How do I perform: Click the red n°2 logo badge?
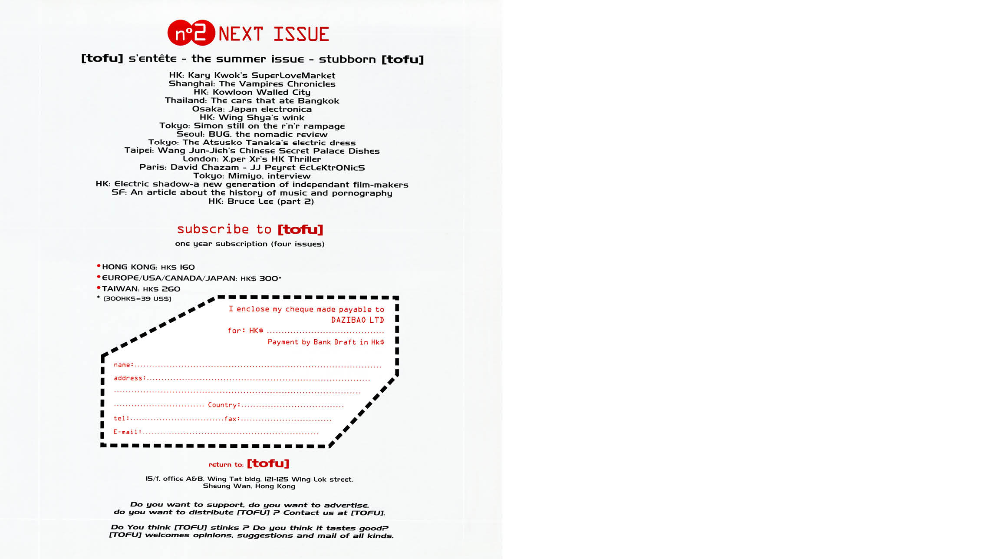point(191,33)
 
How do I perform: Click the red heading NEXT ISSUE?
point(273,34)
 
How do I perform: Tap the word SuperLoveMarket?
point(293,76)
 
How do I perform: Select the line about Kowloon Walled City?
point(252,92)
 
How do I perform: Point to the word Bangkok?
point(318,101)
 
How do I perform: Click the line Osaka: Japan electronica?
point(252,109)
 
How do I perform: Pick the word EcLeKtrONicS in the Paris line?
point(332,168)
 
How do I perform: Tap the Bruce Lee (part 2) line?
point(261,201)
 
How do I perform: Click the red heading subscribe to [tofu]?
point(250,229)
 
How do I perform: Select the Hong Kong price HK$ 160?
point(178,267)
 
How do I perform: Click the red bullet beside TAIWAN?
point(99,288)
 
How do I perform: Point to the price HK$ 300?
point(260,278)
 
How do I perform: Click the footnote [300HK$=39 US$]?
point(137,299)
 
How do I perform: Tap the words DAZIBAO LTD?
point(357,320)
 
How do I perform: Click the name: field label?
point(123,365)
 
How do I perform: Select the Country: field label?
point(224,405)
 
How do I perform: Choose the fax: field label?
point(232,419)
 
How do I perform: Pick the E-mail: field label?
point(127,432)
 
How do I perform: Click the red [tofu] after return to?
point(268,463)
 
